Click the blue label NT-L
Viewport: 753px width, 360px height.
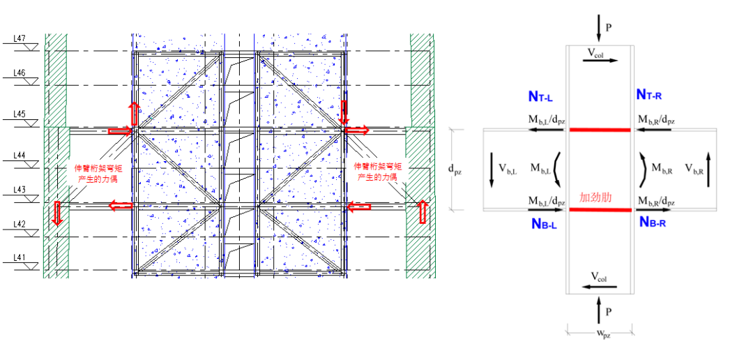pyautogui.click(x=540, y=95)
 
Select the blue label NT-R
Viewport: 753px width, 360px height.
pyautogui.click(x=653, y=94)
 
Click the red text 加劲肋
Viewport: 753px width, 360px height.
pyautogui.click(x=595, y=197)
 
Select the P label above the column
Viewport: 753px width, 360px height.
pyautogui.click(x=608, y=28)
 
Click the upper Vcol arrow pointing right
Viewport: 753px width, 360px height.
pyautogui.click(x=600, y=61)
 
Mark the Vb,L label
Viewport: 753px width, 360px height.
pyautogui.click(x=508, y=168)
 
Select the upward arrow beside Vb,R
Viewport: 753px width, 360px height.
pyautogui.click(x=709, y=168)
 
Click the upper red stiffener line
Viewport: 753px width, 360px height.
pyautogui.click(x=600, y=130)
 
